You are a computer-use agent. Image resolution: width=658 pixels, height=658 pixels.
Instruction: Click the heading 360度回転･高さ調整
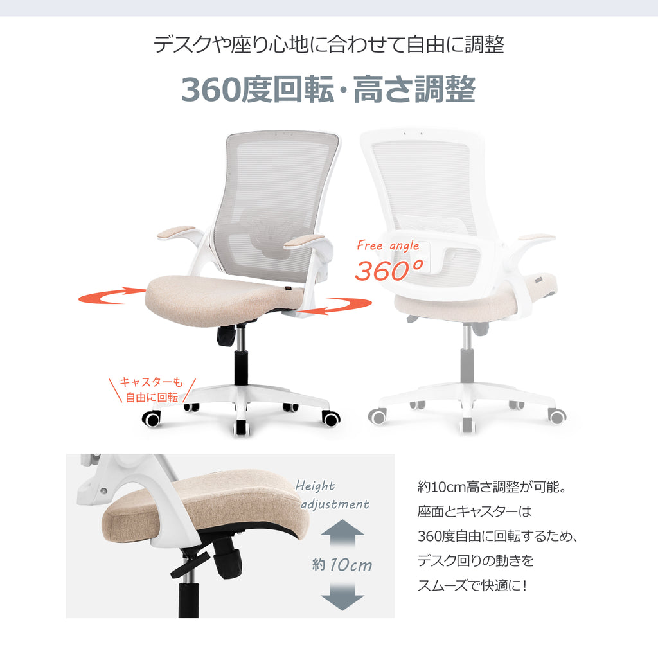click(328, 89)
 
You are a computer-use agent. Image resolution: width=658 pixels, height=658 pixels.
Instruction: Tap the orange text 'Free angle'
click(387, 245)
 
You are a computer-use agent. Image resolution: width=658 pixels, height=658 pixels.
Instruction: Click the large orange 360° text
click(389, 270)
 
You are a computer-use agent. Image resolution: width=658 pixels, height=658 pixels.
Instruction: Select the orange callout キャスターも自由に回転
click(152, 389)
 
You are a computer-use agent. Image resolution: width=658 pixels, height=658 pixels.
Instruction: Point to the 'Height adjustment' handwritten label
click(332, 495)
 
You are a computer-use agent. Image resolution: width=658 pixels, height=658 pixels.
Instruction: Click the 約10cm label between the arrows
click(342, 565)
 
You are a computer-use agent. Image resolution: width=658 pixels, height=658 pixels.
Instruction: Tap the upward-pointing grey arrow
click(342, 533)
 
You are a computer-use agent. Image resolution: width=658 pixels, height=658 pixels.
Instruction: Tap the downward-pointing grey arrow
click(342, 596)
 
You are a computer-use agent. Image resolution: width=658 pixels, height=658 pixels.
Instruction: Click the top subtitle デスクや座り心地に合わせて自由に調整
click(328, 44)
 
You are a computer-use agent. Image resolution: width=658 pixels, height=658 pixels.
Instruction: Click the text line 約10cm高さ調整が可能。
click(492, 487)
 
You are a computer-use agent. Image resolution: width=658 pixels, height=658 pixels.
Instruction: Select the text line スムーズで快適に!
click(472, 585)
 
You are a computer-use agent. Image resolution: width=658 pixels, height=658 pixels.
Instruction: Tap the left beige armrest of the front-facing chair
click(176, 233)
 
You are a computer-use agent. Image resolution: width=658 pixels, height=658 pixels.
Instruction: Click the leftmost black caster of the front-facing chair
click(152, 419)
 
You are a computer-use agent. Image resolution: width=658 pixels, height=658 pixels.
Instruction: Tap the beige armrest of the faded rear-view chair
click(537, 238)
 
